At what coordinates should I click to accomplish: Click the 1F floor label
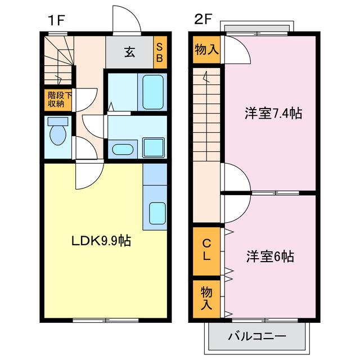[56, 20]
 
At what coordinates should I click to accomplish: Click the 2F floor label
[202, 19]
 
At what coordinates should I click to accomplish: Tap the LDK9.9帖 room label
[101, 241]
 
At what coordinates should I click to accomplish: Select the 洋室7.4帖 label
[273, 113]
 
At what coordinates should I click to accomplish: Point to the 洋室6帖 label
[270, 256]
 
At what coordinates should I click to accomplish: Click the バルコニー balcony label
[257, 336]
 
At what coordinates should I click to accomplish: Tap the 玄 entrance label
[130, 52]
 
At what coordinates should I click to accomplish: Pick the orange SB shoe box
[160, 52]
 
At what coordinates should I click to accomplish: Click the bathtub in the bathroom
[153, 92]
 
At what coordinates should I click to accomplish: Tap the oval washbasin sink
[123, 150]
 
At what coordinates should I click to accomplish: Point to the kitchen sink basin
[157, 214]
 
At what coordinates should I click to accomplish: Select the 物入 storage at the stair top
[206, 49]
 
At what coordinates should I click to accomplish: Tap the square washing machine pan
[154, 147]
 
